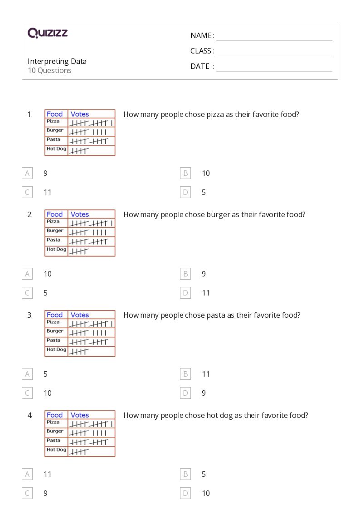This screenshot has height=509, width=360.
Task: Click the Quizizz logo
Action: [x=48, y=33]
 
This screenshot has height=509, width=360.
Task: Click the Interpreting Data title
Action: [x=57, y=61]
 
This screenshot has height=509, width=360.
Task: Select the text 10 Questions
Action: [x=49, y=70]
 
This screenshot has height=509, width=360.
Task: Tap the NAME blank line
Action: [x=274, y=36]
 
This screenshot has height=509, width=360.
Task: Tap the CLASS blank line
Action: [x=274, y=51]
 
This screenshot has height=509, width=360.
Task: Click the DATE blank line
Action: [x=274, y=67]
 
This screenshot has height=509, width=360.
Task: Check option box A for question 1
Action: [x=27, y=173]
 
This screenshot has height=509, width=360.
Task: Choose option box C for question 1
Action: [x=27, y=192]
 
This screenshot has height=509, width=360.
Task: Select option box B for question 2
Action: [x=185, y=274]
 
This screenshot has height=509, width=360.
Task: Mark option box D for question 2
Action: [x=185, y=293]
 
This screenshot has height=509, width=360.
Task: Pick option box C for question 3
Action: [x=27, y=393]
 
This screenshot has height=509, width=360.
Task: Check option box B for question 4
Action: [x=185, y=474]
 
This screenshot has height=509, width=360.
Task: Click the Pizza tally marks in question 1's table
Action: [x=91, y=123]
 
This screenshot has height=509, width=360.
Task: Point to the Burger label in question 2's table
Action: [x=55, y=231]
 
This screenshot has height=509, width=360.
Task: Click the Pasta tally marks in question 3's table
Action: [x=88, y=342]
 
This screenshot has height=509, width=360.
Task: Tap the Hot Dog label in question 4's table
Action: [x=56, y=450]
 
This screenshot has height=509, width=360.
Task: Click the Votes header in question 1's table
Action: [x=80, y=114]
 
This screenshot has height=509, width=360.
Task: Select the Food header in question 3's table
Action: [x=54, y=315]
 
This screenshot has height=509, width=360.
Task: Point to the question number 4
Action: [x=30, y=415]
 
